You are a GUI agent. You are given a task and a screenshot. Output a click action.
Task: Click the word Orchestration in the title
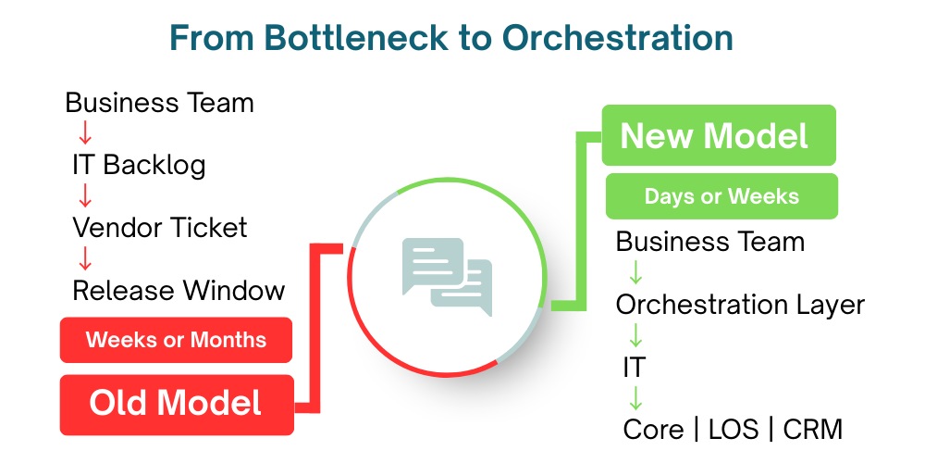tap(617, 38)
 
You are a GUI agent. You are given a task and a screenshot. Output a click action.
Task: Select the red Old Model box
tap(177, 404)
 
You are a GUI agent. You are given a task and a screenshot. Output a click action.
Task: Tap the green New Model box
tap(718, 136)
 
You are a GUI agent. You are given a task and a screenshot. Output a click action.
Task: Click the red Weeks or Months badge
tap(176, 340)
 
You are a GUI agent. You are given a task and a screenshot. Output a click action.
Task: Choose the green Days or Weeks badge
tap(721, 196)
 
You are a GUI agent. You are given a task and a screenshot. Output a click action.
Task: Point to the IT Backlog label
tap(139, 165)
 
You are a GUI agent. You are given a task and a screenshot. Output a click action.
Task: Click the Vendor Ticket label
tap(160, 228)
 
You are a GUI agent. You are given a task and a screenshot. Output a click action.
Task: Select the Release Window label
tap(179, 291)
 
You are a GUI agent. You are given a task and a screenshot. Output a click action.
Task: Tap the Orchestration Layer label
tap(740, 305)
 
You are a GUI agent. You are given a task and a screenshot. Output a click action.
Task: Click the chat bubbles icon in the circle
tap(447, 276)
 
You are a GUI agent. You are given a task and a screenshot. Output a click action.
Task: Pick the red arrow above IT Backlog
tap(85, 133)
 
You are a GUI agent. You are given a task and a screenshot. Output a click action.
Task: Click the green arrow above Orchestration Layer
tap(635, 273)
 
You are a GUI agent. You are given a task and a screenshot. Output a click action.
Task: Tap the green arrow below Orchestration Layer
tap(635, 335)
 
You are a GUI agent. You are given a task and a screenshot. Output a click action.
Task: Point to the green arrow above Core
tap(635, 398)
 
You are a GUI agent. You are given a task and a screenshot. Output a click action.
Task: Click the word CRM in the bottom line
tap(812, 430)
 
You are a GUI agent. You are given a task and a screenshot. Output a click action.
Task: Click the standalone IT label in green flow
tap(634, 368)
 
